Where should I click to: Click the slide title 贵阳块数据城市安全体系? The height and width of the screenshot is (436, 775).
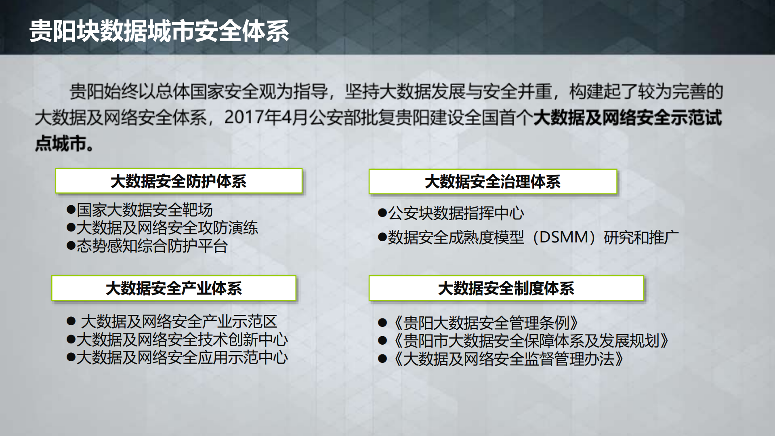[x=159, y=31]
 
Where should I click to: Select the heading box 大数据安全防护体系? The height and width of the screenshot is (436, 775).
[x=179, y=181]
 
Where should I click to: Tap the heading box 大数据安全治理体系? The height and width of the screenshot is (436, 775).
[x=493, y=182]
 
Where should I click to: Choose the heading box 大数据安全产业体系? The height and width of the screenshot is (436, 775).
[x=174, y=289]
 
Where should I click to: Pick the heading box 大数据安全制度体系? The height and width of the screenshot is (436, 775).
[x=506, y=289]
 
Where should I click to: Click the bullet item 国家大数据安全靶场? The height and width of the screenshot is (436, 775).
[x=144, y=210]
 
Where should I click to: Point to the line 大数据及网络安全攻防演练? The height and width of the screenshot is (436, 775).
[x=167, y=228]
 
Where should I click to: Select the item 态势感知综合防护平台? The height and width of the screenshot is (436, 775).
[x=152, y=246]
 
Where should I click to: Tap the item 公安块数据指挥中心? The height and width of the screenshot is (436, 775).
[x=456, y=213]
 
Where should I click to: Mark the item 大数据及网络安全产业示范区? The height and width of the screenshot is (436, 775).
[x=179, y=322]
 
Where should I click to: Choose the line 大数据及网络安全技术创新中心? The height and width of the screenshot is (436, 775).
[x=182, y=339]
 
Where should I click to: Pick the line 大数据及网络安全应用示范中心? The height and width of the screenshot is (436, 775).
[x=182, y=358]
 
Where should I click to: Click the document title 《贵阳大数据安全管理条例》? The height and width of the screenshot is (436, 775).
[x=485, y=323]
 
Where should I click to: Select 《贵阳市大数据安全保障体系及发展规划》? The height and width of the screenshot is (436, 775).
[x=530, y=341]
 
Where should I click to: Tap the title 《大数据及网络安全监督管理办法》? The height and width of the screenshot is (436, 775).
[x=508, y=359]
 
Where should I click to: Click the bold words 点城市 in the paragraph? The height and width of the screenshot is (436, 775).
[x=61, y=143]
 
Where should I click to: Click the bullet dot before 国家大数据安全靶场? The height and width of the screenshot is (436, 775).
[x=71, y=210]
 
